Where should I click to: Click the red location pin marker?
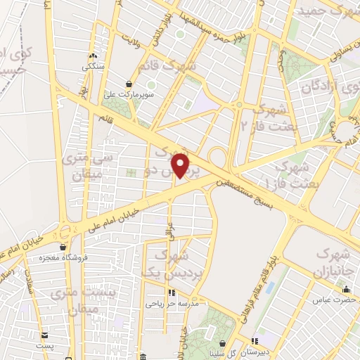coord(181,165)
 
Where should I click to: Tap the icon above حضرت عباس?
coord(345,289)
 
